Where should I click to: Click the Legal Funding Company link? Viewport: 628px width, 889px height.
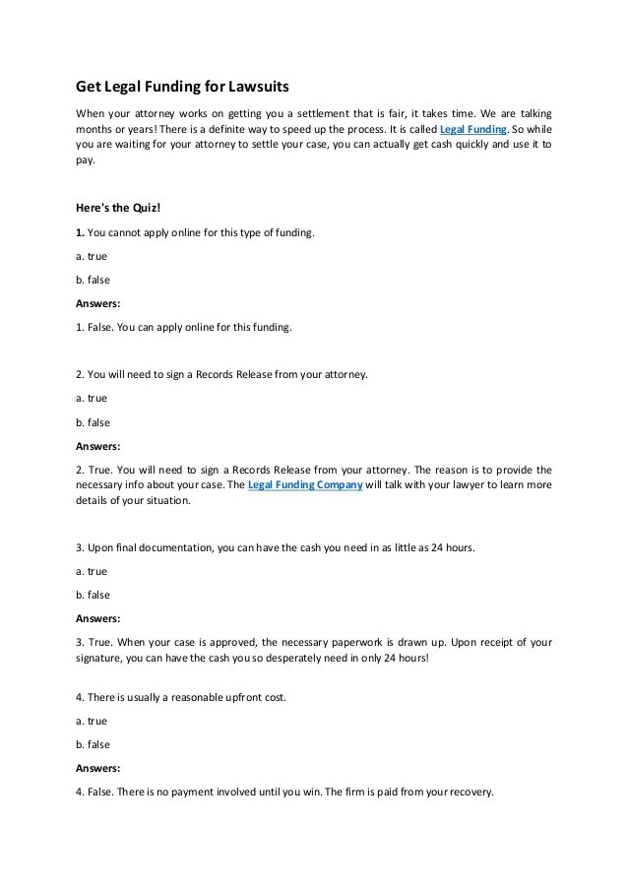[x=306, y=486]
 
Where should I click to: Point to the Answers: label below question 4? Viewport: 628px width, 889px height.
[x=97, y=768]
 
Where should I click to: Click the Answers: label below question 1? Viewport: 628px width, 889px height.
[x=97, y=303]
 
